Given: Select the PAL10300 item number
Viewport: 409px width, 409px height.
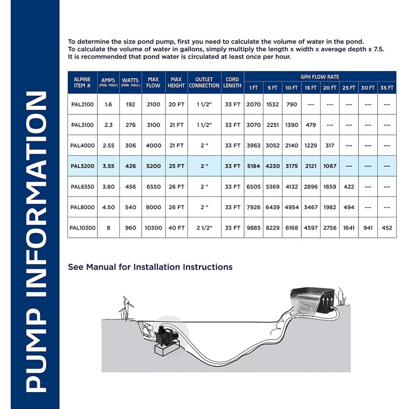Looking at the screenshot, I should tap(82, 228).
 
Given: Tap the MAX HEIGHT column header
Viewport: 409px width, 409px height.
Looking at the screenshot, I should tap(176, 82).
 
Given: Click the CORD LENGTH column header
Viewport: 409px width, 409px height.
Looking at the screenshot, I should tap(233, 82).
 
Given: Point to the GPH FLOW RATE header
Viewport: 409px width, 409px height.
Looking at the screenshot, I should tap(320, 76).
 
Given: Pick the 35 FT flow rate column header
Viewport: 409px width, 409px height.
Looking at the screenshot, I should tap(387, 87).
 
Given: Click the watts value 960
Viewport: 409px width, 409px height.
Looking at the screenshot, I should tap(130, 228).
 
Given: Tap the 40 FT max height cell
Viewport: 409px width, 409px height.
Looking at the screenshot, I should tap(176, 228).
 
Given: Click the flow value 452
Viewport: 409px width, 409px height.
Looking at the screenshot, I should tap(387, 228).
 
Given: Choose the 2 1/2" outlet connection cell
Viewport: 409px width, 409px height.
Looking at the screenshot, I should tap(204, 228).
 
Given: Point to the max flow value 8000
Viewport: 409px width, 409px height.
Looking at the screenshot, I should tap(153, 207).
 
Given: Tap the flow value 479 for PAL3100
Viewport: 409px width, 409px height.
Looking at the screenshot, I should tap(311, 124).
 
